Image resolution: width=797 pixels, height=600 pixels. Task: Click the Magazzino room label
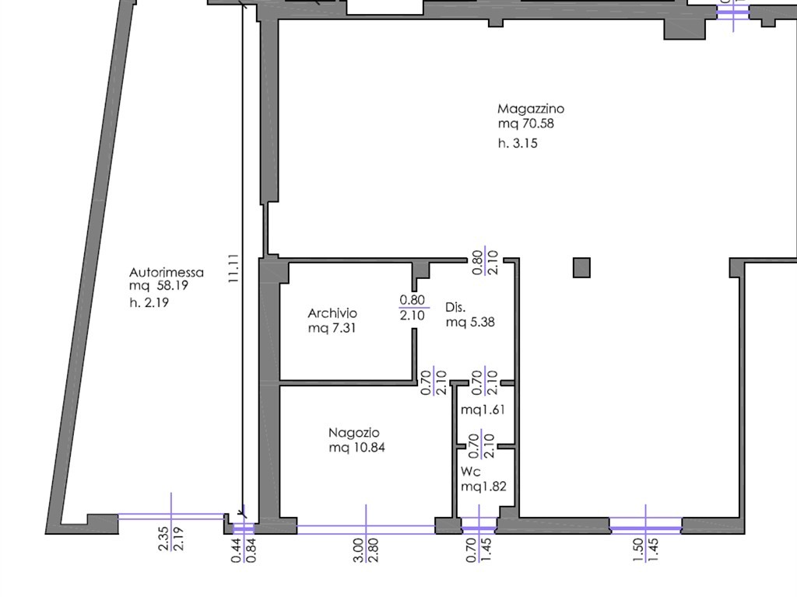531,109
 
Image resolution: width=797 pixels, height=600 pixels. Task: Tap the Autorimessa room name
167,273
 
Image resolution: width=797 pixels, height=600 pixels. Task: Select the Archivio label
332,313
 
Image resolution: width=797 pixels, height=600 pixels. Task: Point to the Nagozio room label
354,433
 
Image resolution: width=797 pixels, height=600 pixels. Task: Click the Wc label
471,472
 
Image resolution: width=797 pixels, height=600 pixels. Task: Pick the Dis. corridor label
455,307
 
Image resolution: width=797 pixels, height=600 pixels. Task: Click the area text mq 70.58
526,124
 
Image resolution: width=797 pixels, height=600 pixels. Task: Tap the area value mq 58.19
159,285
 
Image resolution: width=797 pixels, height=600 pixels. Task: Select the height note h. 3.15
518,143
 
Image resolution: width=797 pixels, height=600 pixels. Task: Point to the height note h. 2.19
149,302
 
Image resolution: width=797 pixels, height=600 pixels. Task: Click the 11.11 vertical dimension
233,269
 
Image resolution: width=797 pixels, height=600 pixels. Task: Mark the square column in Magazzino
581,267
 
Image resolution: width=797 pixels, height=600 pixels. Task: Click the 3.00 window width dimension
358,550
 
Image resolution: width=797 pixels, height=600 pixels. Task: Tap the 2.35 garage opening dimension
163,539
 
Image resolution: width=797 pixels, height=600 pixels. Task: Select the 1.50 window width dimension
639,550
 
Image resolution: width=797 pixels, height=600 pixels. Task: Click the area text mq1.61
483,410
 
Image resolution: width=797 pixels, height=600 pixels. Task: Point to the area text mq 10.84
356,448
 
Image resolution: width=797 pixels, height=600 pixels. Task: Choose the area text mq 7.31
332,328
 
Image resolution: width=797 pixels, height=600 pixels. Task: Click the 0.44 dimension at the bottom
237,551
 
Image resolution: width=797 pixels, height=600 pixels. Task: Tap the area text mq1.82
483,487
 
